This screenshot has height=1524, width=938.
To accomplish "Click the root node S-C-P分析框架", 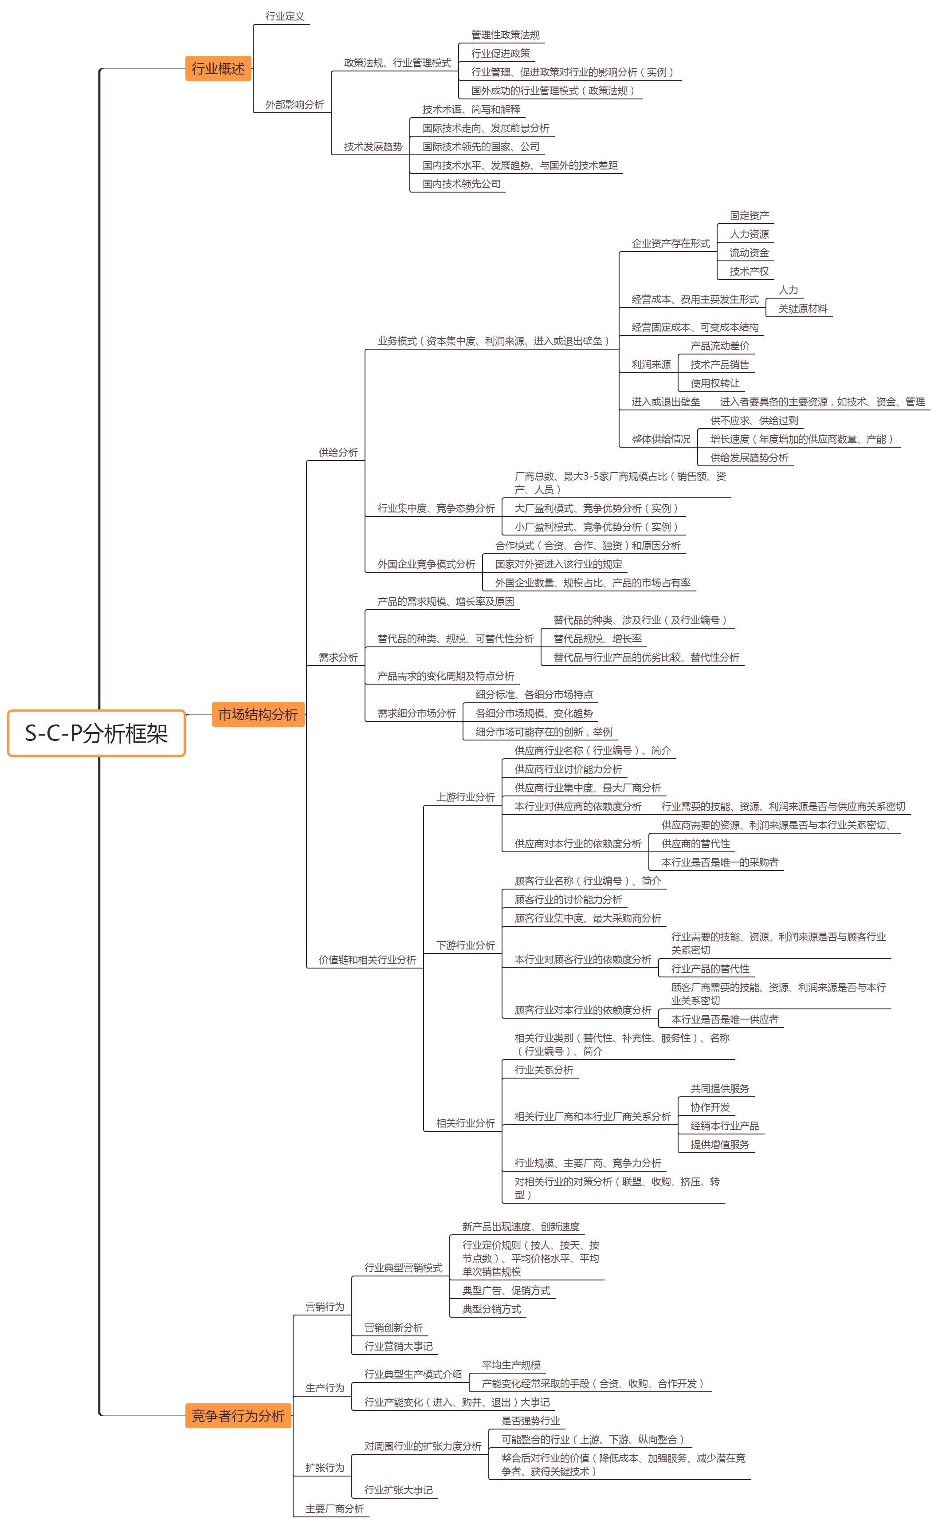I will click(96, 733).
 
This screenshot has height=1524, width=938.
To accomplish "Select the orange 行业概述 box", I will click(218, 68).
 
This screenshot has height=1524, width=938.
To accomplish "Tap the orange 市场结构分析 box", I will click(258, 714).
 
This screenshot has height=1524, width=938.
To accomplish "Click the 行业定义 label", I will click(285, 16).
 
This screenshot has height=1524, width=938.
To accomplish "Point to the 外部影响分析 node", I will click(294, 105).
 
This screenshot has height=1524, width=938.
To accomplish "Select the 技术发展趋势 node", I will click(373, 146).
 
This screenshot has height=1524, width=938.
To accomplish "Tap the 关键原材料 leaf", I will click(803, 308).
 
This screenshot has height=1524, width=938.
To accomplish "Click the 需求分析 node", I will click(338, 657).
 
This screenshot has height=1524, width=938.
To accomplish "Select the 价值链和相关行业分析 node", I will click(367, 959).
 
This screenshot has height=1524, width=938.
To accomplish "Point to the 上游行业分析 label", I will click(465, 797).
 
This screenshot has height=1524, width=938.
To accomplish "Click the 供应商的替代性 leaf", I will click(695, 843).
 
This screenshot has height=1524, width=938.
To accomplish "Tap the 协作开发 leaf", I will click(710, 1107).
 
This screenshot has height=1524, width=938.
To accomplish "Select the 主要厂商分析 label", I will click(334, 1508).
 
